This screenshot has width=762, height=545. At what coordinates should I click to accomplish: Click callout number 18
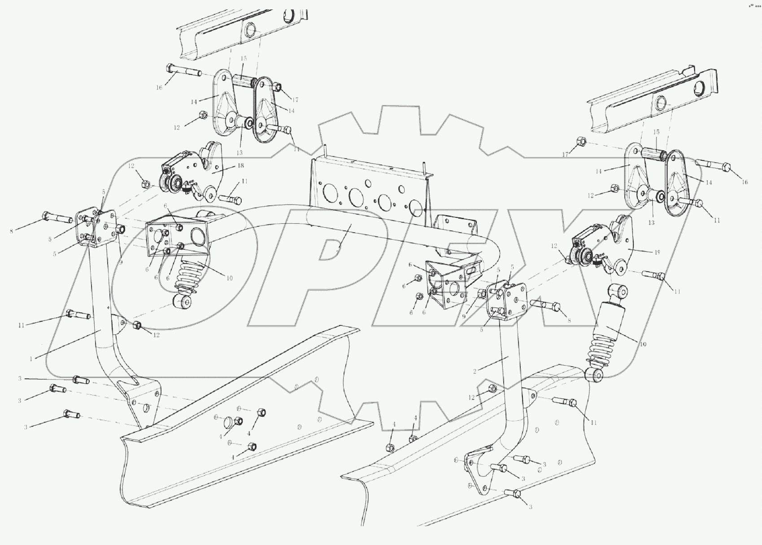[x=241, y=165]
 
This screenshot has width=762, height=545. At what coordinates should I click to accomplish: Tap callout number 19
[x=657, y=252]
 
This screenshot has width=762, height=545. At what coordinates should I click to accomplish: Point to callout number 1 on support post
[x=31, y=358]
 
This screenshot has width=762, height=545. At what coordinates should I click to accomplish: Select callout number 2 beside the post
[x=475, y=371]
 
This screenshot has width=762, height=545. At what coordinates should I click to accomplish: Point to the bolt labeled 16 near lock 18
[x=184, y=70]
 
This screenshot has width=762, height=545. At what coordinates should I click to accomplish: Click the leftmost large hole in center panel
[x=331, y=193]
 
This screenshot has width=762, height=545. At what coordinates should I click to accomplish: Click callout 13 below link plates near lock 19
[x=651, y=222]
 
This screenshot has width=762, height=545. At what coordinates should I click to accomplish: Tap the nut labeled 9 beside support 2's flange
[x=482, y=294]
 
